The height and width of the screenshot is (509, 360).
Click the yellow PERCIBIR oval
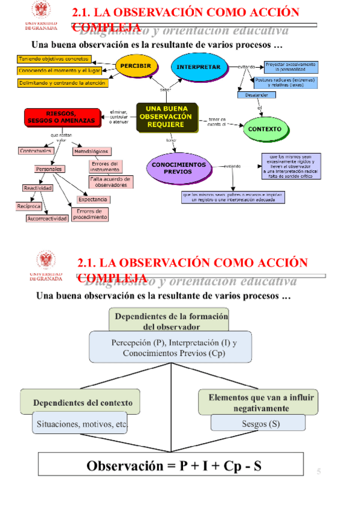coord(136,65)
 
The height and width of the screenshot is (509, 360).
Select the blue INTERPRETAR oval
coord(199,67)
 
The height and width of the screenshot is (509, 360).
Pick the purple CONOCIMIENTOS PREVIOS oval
coord(178,168)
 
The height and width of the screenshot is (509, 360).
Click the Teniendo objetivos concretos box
coord(54,59)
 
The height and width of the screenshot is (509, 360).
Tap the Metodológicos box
coord(91,152)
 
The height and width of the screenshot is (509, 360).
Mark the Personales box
coord(49,169)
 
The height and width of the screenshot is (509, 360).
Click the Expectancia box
coord(93,199)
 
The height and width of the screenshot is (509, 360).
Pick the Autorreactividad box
coord(47,219)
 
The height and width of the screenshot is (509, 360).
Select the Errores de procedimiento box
coord(90,214)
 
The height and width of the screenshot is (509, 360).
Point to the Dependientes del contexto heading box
coord(82,402)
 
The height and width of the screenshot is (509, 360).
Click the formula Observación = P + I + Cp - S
coord(174,465)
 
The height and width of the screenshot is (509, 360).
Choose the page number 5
coord(319,472)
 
